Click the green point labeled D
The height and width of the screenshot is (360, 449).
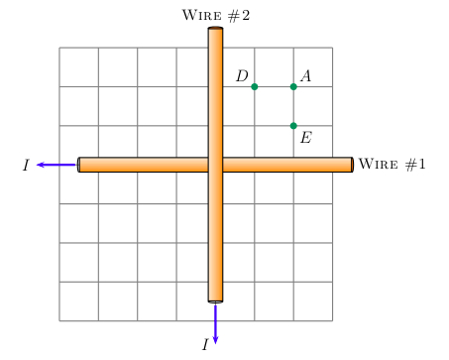tap(255, 87)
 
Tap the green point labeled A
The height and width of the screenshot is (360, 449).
tap(293, 87)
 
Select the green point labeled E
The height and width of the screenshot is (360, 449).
tap(293, 126)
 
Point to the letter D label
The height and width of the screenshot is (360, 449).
tap(242, 76)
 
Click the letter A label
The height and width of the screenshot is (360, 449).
tap(305, 76)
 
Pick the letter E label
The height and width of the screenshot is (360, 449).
tap(305, 138)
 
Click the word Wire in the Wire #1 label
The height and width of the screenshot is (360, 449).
tap(378, 165)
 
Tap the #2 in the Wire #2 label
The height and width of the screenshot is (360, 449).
tap(239, 16)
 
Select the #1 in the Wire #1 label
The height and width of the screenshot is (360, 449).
tap(414, 165)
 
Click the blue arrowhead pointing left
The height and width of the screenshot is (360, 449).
tap(41, 165)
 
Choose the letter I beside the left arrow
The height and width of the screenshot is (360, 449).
tap(26, 166)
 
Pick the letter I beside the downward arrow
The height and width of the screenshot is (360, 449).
tap(204, 344)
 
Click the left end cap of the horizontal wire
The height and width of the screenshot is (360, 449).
tap(79, 165)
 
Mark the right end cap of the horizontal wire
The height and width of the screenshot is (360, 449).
tap(351, 165)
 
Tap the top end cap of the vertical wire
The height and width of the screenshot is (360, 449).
tap(215, 30)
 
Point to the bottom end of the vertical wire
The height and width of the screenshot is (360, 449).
tap(215, 299)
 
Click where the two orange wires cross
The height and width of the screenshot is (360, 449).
tap(215, 165)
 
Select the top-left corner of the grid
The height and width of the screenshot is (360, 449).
tap(59, 48)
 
